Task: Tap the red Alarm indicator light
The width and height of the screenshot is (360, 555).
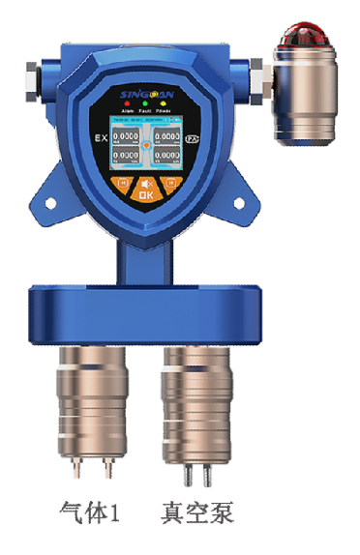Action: (x=125, y=103)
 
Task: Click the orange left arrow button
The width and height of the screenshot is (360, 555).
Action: (x=122, y=182)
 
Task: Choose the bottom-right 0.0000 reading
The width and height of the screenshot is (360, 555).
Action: (x=165, y=155)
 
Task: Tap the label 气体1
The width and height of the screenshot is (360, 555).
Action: (x=89, y=511)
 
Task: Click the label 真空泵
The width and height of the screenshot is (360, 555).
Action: (x=197, y=511)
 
